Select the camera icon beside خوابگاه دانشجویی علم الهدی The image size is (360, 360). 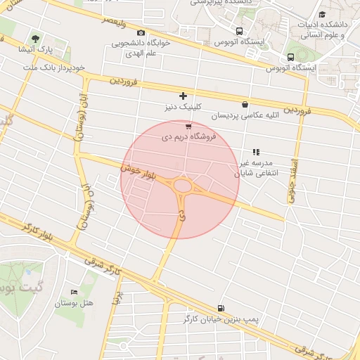coord(141,33)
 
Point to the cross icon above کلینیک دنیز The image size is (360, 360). coord(183,95)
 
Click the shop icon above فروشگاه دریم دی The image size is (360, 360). coord(188,126)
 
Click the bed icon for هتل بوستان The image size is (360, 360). coord(74,292)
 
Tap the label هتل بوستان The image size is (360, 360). coord(77,303)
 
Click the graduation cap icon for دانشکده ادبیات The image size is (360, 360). coord(322,15)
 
